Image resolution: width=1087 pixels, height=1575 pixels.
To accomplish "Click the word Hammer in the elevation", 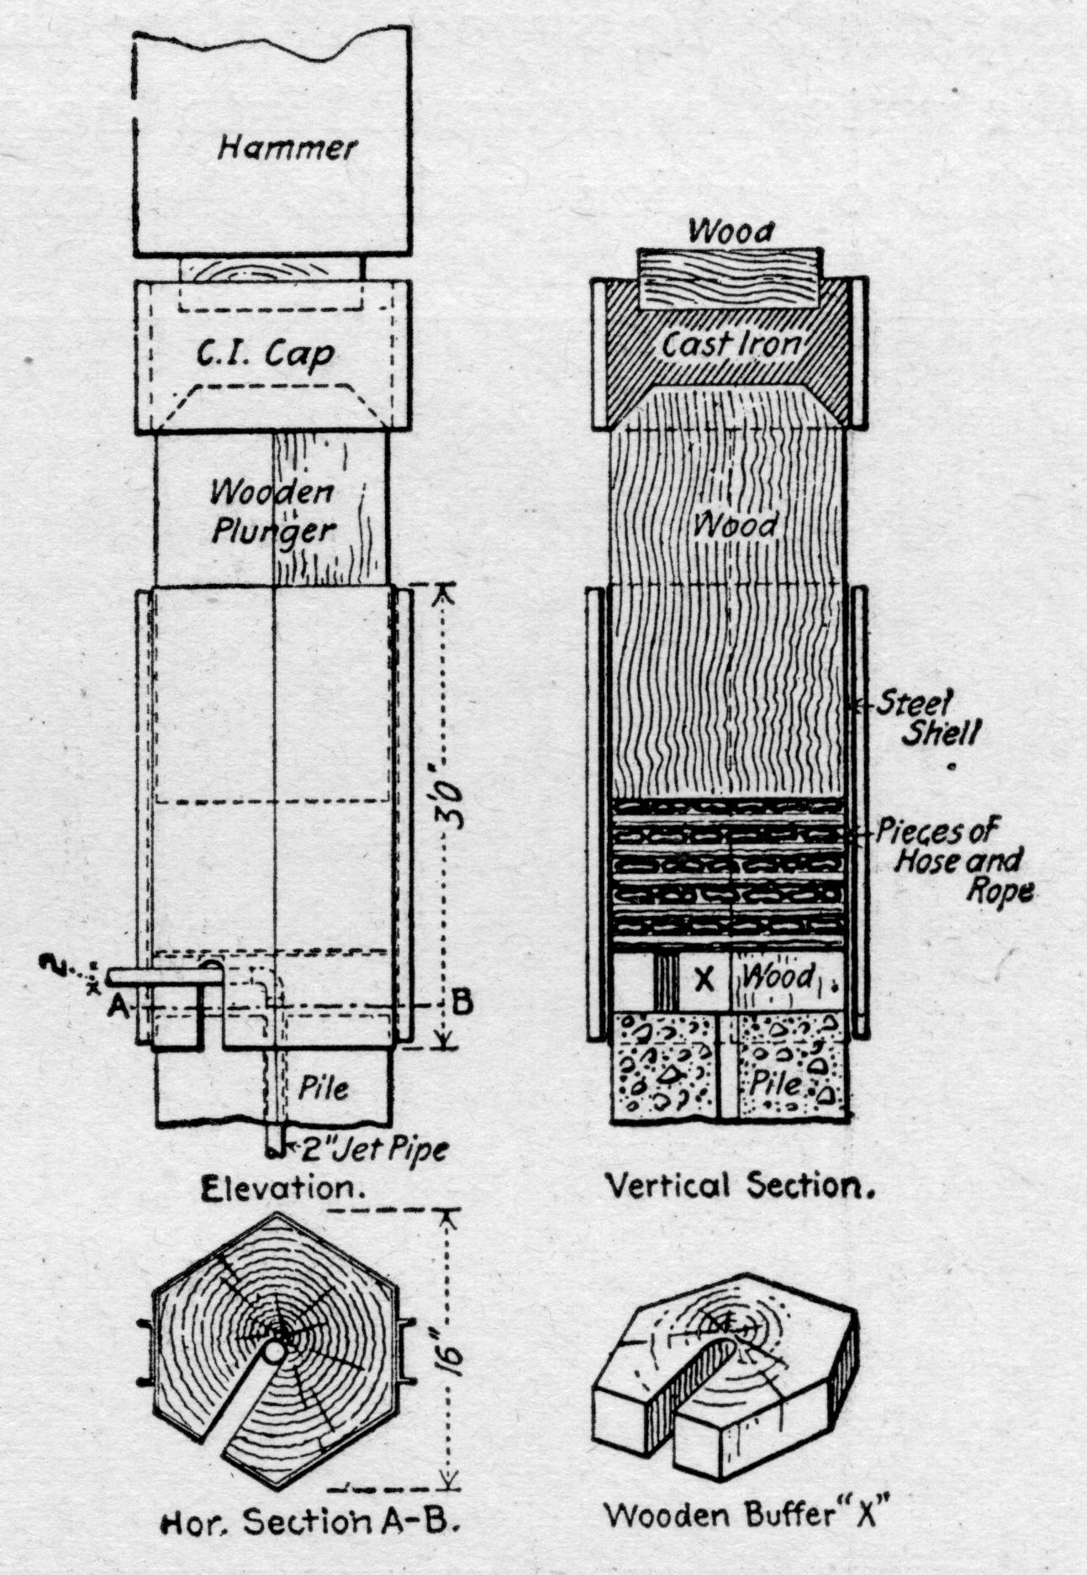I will click(x=288, y=148).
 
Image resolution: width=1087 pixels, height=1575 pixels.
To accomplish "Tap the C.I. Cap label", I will click(x=266, y=355).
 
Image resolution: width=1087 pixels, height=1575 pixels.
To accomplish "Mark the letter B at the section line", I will click(x=461, y=1002).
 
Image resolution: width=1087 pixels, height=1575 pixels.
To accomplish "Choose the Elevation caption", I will click(x=277, y=1188).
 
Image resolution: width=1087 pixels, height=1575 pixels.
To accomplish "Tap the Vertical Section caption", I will click(x=739, y=1187).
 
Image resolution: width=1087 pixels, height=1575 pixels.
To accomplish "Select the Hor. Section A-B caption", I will click(x=309, y=1522).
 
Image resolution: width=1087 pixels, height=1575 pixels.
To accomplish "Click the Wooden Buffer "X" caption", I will click(x=746, y=1516).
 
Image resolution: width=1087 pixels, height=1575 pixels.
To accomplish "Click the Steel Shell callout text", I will click(x=927, y=718).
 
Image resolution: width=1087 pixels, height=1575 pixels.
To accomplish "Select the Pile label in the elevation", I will click(x=325, y=1088).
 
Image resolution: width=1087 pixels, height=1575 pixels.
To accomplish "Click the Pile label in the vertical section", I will click(x=778, y=1083).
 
